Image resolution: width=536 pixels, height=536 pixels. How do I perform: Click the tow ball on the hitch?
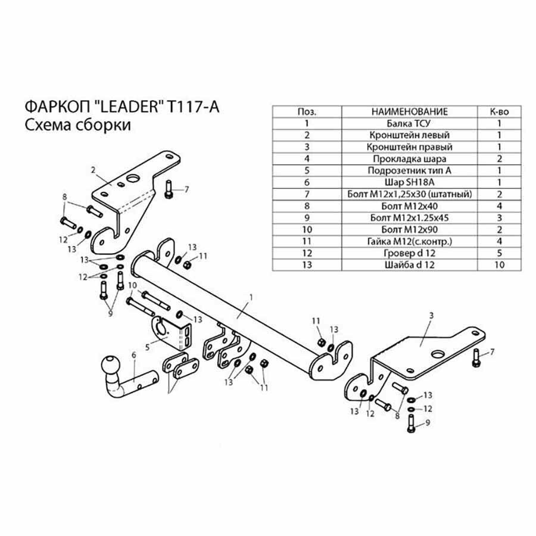(111, 364)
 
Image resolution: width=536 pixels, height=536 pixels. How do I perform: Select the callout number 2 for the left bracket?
(94, 169)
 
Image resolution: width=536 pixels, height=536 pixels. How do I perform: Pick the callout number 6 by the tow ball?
(133, 354)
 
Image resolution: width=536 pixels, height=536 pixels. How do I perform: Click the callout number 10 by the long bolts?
(132, 286)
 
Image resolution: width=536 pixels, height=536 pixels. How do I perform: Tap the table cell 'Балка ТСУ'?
(409, 124)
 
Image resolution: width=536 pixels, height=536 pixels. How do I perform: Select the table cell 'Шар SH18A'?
(409, 182)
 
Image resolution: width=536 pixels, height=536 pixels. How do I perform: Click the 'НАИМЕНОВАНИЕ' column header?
(409, 112)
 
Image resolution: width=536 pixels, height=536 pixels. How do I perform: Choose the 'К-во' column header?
(500, 112)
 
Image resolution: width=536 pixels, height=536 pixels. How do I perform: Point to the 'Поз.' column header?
(307, 112)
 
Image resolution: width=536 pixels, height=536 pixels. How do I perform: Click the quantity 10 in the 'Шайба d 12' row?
(500, 264)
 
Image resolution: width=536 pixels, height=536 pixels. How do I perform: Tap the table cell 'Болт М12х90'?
(409, 229)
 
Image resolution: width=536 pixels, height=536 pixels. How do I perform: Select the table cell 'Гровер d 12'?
(409, 253)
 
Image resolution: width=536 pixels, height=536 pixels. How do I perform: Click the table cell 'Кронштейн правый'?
(409, 147)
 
